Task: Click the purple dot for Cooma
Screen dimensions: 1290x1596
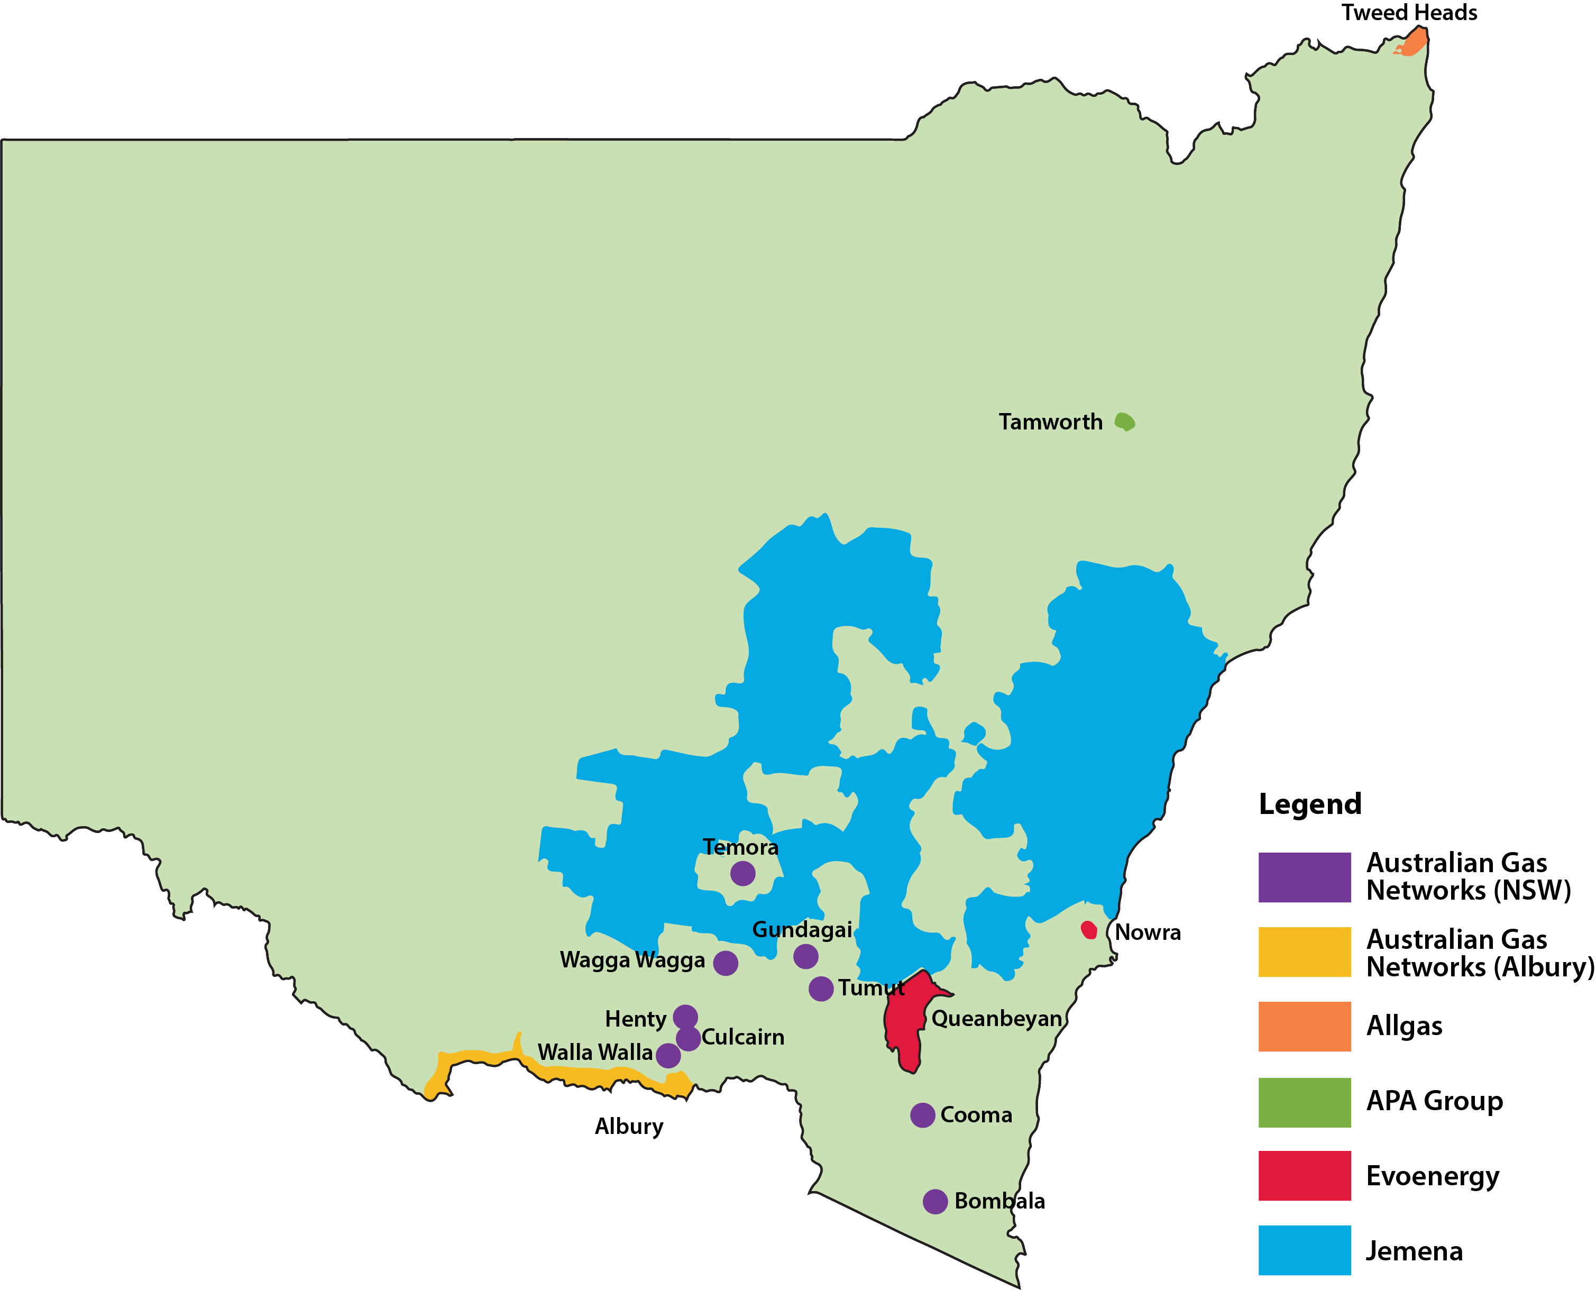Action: pyautogui.click(x=922, y=1114)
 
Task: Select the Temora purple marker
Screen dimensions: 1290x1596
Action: pyautogui.click(x=742, y=873)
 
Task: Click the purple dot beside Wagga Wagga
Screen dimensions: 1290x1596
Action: pyautogui.click(x=725, y=963)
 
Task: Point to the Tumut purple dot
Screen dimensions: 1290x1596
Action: pyautogui.click(x=820, y=989)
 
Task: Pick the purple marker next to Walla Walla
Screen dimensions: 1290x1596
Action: pyautogui.click(x=668, y=1055)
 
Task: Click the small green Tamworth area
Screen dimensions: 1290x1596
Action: pyautogui.click(x=1125, y=422)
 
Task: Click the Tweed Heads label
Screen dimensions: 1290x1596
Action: pyautogui.click(x=1409, y=13)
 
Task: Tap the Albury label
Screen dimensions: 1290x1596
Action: pyautogui.click(x=629, y=1127)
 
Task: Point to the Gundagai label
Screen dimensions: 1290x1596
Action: pyautogui.click(x=802, y=930)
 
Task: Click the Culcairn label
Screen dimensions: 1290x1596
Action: pyautogui.click(x=742, y=1037)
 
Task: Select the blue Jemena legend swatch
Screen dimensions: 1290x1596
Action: pyautogui.click(x=1304, y=1250)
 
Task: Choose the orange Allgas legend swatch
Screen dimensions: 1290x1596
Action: pyautogui.click(x=1304, y=1026)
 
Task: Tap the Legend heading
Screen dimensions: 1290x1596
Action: pyautogui.click(x=1309, y=804)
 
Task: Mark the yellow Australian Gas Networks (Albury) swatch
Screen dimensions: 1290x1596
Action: pyautogui.click(x=1304, y=952)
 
